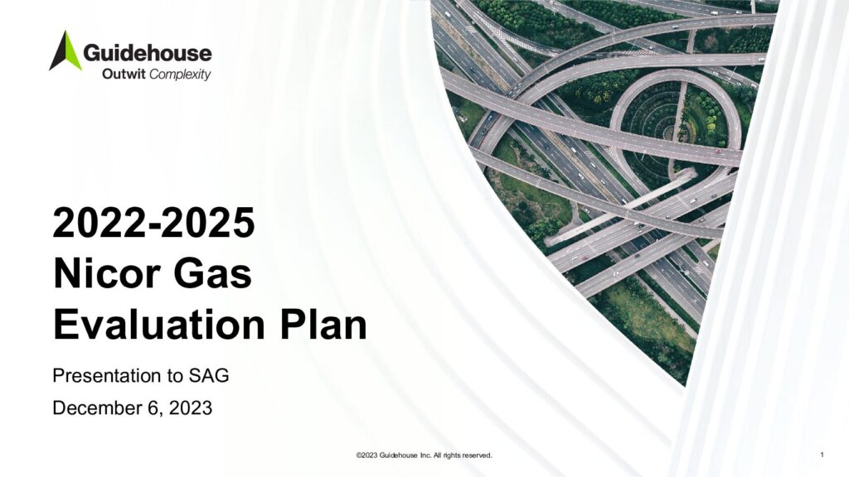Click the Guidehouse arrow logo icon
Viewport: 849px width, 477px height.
[65, 51]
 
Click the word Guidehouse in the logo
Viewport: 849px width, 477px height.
[148, 54]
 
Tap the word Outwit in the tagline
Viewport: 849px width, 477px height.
[124, 74]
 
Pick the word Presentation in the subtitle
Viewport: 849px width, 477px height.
[107, 375]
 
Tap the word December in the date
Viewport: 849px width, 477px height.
[97, 407]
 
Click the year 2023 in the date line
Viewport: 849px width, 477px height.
[191, 407]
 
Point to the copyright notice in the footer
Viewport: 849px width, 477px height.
[424, 455]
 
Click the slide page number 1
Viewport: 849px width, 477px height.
[822, 455]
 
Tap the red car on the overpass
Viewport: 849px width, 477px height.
[718, 152]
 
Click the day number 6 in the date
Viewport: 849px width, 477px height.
[153, 407]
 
